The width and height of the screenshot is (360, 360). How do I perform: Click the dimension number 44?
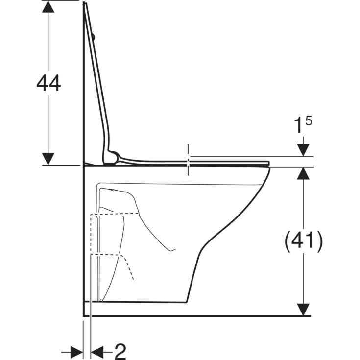(x=48, y=84)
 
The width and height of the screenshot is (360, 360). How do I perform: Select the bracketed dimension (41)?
(x=304, y=241)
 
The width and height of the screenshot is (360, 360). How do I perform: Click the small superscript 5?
(x=308, y=120)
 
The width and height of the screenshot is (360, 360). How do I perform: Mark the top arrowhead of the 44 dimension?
(x=48, y=7)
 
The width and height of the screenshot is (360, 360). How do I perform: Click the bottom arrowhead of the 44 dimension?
(x=48, y=158)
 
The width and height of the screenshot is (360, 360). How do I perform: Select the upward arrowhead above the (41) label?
(x=304, y=173)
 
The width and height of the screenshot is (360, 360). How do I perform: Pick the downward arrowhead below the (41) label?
(x=304, y=309)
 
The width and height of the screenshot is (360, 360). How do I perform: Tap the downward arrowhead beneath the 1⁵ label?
(x=304, y=150)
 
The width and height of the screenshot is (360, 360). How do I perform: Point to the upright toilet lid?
(x=98, y=83)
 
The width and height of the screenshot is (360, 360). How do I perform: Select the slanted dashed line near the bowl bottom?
(x=128, y=268)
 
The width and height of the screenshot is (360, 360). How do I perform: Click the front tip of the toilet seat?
(x=267, y=163)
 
